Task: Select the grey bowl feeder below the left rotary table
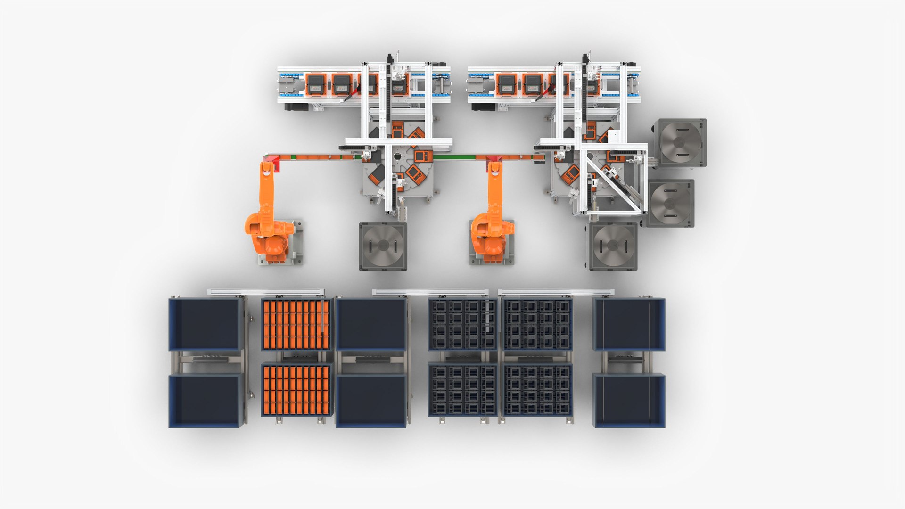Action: point(383,246)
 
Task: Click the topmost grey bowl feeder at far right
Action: point(679,142)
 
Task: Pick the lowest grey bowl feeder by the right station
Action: point(613,246)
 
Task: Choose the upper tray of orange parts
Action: point(296,325)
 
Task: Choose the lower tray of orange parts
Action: point(296,390)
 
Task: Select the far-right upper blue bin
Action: point(629,324)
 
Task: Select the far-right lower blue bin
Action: point(629,401)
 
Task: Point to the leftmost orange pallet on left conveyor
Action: point(315,84)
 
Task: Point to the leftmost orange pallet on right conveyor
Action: point(506,84)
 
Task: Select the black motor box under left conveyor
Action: point(296,107)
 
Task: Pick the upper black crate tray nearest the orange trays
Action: point(462,325)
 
